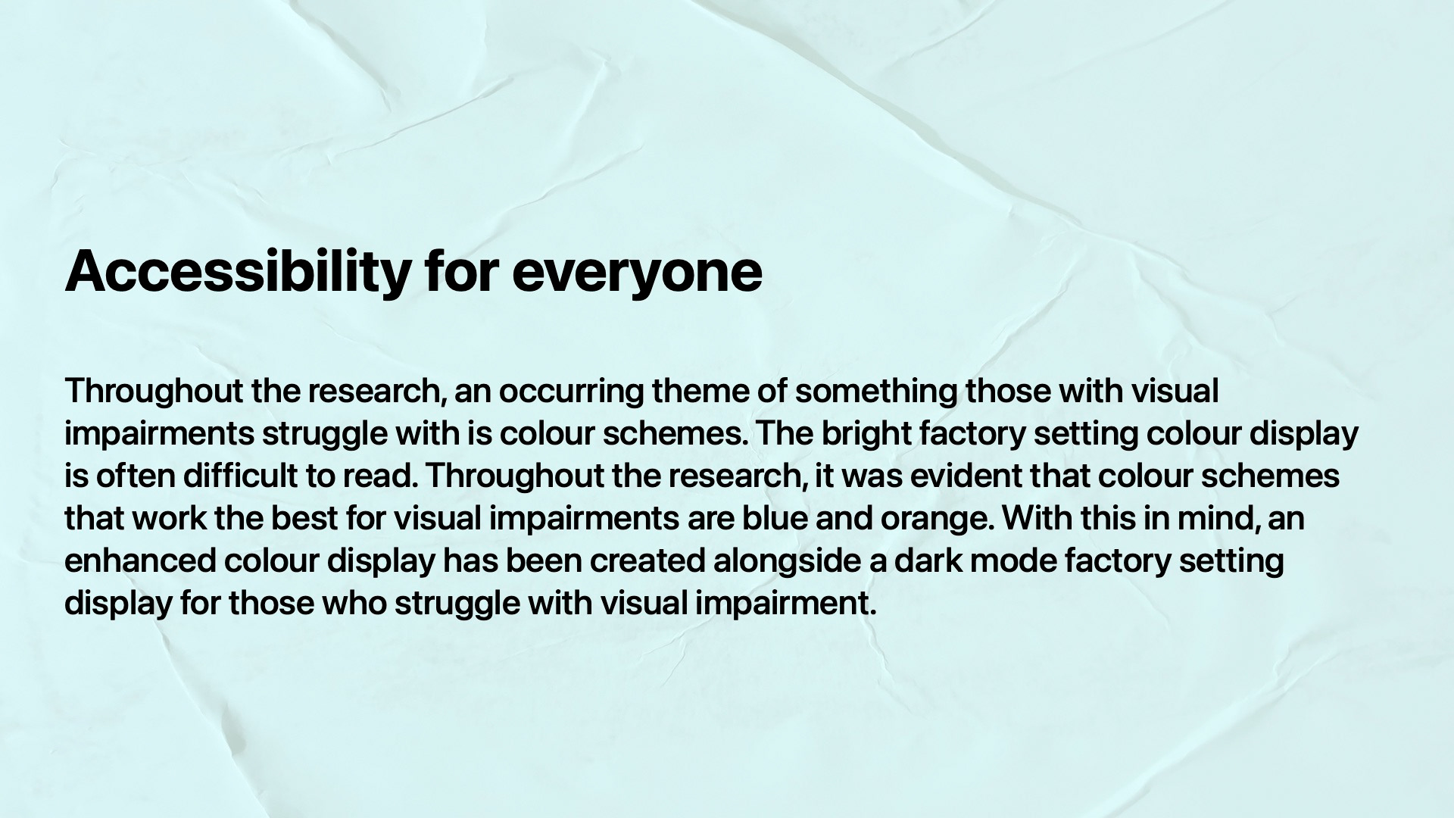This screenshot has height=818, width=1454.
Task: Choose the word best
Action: tap(305, 519)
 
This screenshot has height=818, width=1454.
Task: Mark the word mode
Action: tap(1012, 561)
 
